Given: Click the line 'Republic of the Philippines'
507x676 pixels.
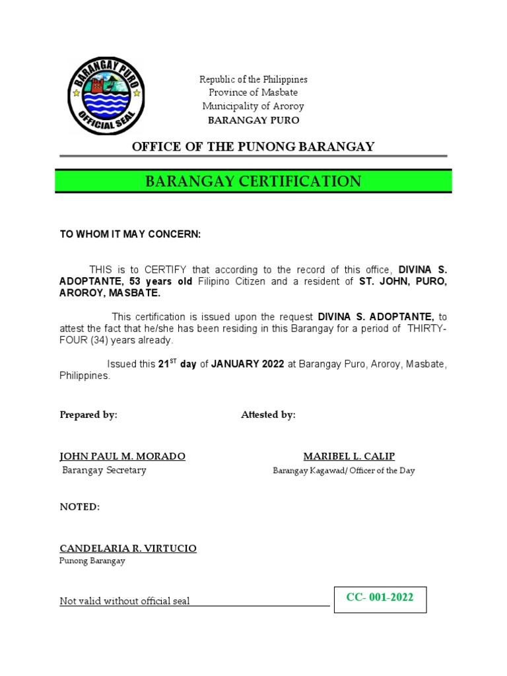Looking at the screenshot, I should tap(253, 79).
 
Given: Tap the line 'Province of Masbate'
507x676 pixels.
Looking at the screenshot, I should tap(253, 92).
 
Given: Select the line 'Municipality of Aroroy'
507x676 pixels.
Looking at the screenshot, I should tap(253, 106).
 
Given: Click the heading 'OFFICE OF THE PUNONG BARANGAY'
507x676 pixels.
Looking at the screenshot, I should tap(253, 147).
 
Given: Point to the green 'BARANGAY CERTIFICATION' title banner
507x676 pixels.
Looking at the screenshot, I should tap(253, 182).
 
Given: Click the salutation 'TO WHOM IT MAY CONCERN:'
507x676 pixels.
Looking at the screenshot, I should tap(130, 234).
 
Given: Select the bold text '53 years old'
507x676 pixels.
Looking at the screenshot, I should tap(156, 282).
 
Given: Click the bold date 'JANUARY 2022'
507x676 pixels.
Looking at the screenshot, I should tap(248, 364).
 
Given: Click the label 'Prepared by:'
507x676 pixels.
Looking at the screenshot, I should tap(88, 415).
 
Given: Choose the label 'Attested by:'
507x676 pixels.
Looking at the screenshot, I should tap(268, 415).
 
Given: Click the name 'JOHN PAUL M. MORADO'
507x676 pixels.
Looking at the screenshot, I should tap(123, 456).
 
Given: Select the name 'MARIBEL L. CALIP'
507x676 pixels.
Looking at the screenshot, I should tap(349, 456).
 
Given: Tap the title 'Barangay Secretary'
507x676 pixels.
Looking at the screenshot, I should tap(104, 471).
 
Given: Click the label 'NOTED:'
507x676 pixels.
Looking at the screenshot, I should tap(80, 506).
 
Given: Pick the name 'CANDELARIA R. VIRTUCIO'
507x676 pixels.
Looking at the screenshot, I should tap(128, 549).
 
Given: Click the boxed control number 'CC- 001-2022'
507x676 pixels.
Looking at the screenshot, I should tap(380, 598).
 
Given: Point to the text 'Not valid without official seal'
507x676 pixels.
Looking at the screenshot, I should tap(125, 601).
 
